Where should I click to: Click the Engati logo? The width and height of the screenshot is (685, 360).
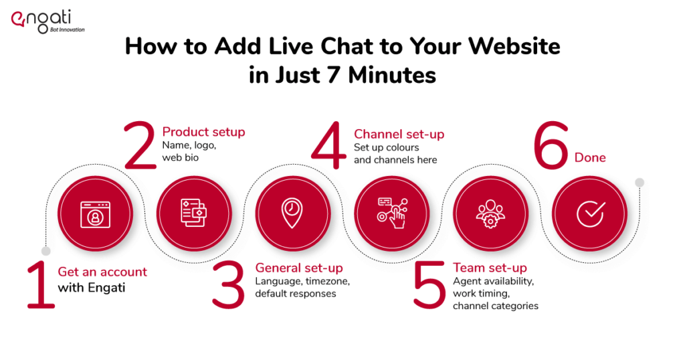coord(47,21)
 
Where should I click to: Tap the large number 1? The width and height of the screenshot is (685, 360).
coord(41,285)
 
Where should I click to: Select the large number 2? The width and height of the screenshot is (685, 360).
coord(140,145)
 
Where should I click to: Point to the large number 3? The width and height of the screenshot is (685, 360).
coord(227,285)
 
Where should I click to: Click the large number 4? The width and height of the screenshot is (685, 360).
coord(328,145)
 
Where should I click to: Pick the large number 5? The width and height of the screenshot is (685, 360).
coord(429,285)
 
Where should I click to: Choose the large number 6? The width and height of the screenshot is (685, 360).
coord(551,145)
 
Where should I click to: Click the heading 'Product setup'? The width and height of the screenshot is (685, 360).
coord(203,132)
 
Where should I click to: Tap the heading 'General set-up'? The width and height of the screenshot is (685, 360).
coord(299,268)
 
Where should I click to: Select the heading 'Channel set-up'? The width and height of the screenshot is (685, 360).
coord(399,134)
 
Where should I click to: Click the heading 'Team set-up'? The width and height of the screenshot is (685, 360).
coord(490,268)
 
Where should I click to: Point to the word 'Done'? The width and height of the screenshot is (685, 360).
coord(590,158)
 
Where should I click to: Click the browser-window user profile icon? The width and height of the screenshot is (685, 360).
coord(95,215)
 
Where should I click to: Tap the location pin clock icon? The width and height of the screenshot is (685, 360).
coord(292,213)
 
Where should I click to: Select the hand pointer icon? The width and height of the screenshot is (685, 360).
coord(392,213)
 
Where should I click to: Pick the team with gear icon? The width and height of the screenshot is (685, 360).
coord(490,213)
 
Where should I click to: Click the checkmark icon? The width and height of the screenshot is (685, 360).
coord(591,214)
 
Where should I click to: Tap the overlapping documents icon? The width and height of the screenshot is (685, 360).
coord(194,213)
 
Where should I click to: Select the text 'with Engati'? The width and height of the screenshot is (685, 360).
coord(91,288)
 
